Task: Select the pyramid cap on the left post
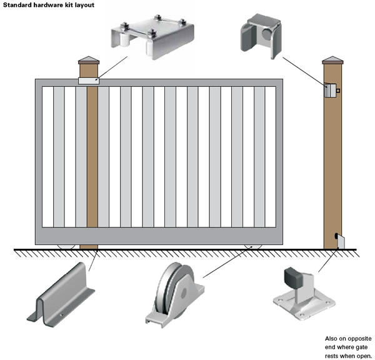click(89, 60)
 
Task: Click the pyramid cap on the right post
click(331, 60)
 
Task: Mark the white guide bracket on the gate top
click(88, 81)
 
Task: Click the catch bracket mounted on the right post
click(329, 91)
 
